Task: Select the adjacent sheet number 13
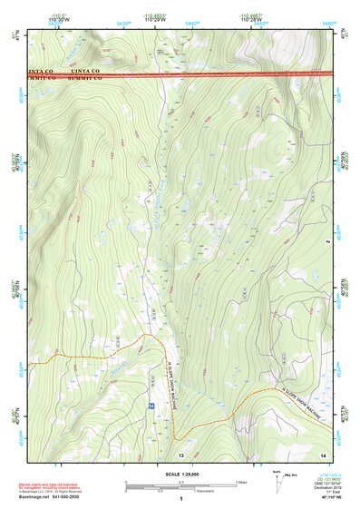[x=180, y=453]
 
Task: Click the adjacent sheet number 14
[x=324, y=453]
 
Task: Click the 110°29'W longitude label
[x=153, y=20]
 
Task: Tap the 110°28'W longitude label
[x=252, y=20]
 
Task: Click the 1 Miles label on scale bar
[x=239, y=482]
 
